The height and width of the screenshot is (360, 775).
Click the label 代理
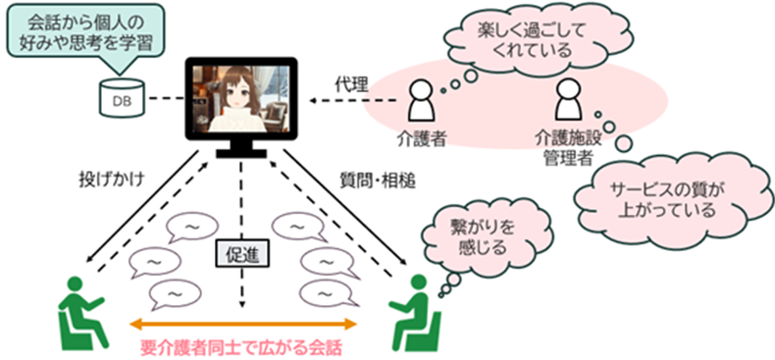(352, 85)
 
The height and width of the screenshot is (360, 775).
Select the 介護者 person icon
(422, 103)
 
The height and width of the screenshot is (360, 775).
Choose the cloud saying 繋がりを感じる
(469, 236)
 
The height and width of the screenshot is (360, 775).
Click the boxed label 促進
(242, 255)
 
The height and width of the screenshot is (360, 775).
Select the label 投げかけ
(111, 179)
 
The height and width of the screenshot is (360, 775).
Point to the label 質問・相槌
(377, 182)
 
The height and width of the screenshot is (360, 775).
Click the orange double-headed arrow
(242, 325)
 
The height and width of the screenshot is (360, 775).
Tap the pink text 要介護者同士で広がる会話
(241, 348)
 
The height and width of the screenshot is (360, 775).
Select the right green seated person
(414, 313)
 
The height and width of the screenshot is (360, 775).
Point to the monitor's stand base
(242, 153)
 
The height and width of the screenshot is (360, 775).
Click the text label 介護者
(422, 140)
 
